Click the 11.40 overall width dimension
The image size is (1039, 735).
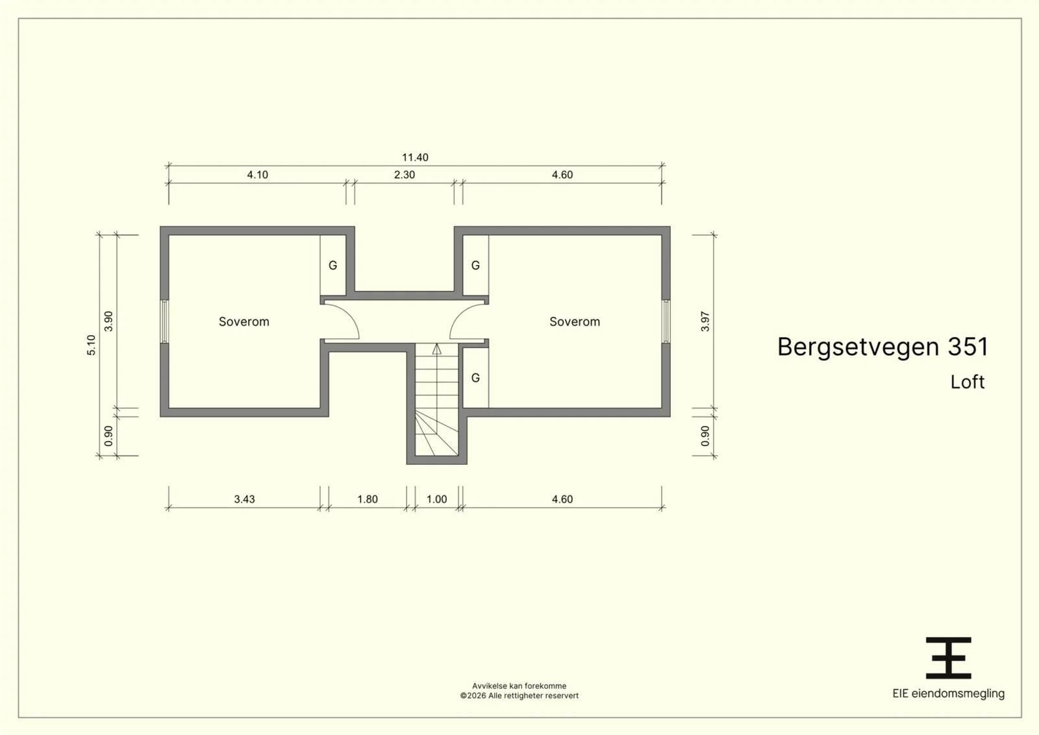(x=415, y=157)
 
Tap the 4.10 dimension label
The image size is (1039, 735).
(x=257, y=175)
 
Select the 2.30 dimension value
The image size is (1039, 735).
(x=405, y=175)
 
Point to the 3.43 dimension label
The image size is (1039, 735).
(x=244, y=499)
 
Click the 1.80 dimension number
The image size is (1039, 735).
(x=368, y=499)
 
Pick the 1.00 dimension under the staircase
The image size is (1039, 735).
(x=437, y=499)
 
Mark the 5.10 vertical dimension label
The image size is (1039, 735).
(x=92, y=345)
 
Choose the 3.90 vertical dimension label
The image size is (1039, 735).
(x=108, y=321)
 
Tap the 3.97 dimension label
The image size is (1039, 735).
(x=705, y=321)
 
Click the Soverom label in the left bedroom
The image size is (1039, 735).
(x=244, y=321)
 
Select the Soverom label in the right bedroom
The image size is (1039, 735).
(x=575, y=321)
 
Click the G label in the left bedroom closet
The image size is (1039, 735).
(x=332, y=266)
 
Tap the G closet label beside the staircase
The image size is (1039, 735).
(x=475, y=378)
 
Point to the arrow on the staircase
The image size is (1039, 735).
(x=437, y=349)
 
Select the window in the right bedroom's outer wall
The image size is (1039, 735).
(x=666, y=321)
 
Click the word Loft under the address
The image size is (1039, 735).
(x=968, y=382)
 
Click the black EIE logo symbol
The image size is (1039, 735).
(x=949, y=658)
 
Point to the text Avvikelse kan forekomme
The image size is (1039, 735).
(x=519, y=686)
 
